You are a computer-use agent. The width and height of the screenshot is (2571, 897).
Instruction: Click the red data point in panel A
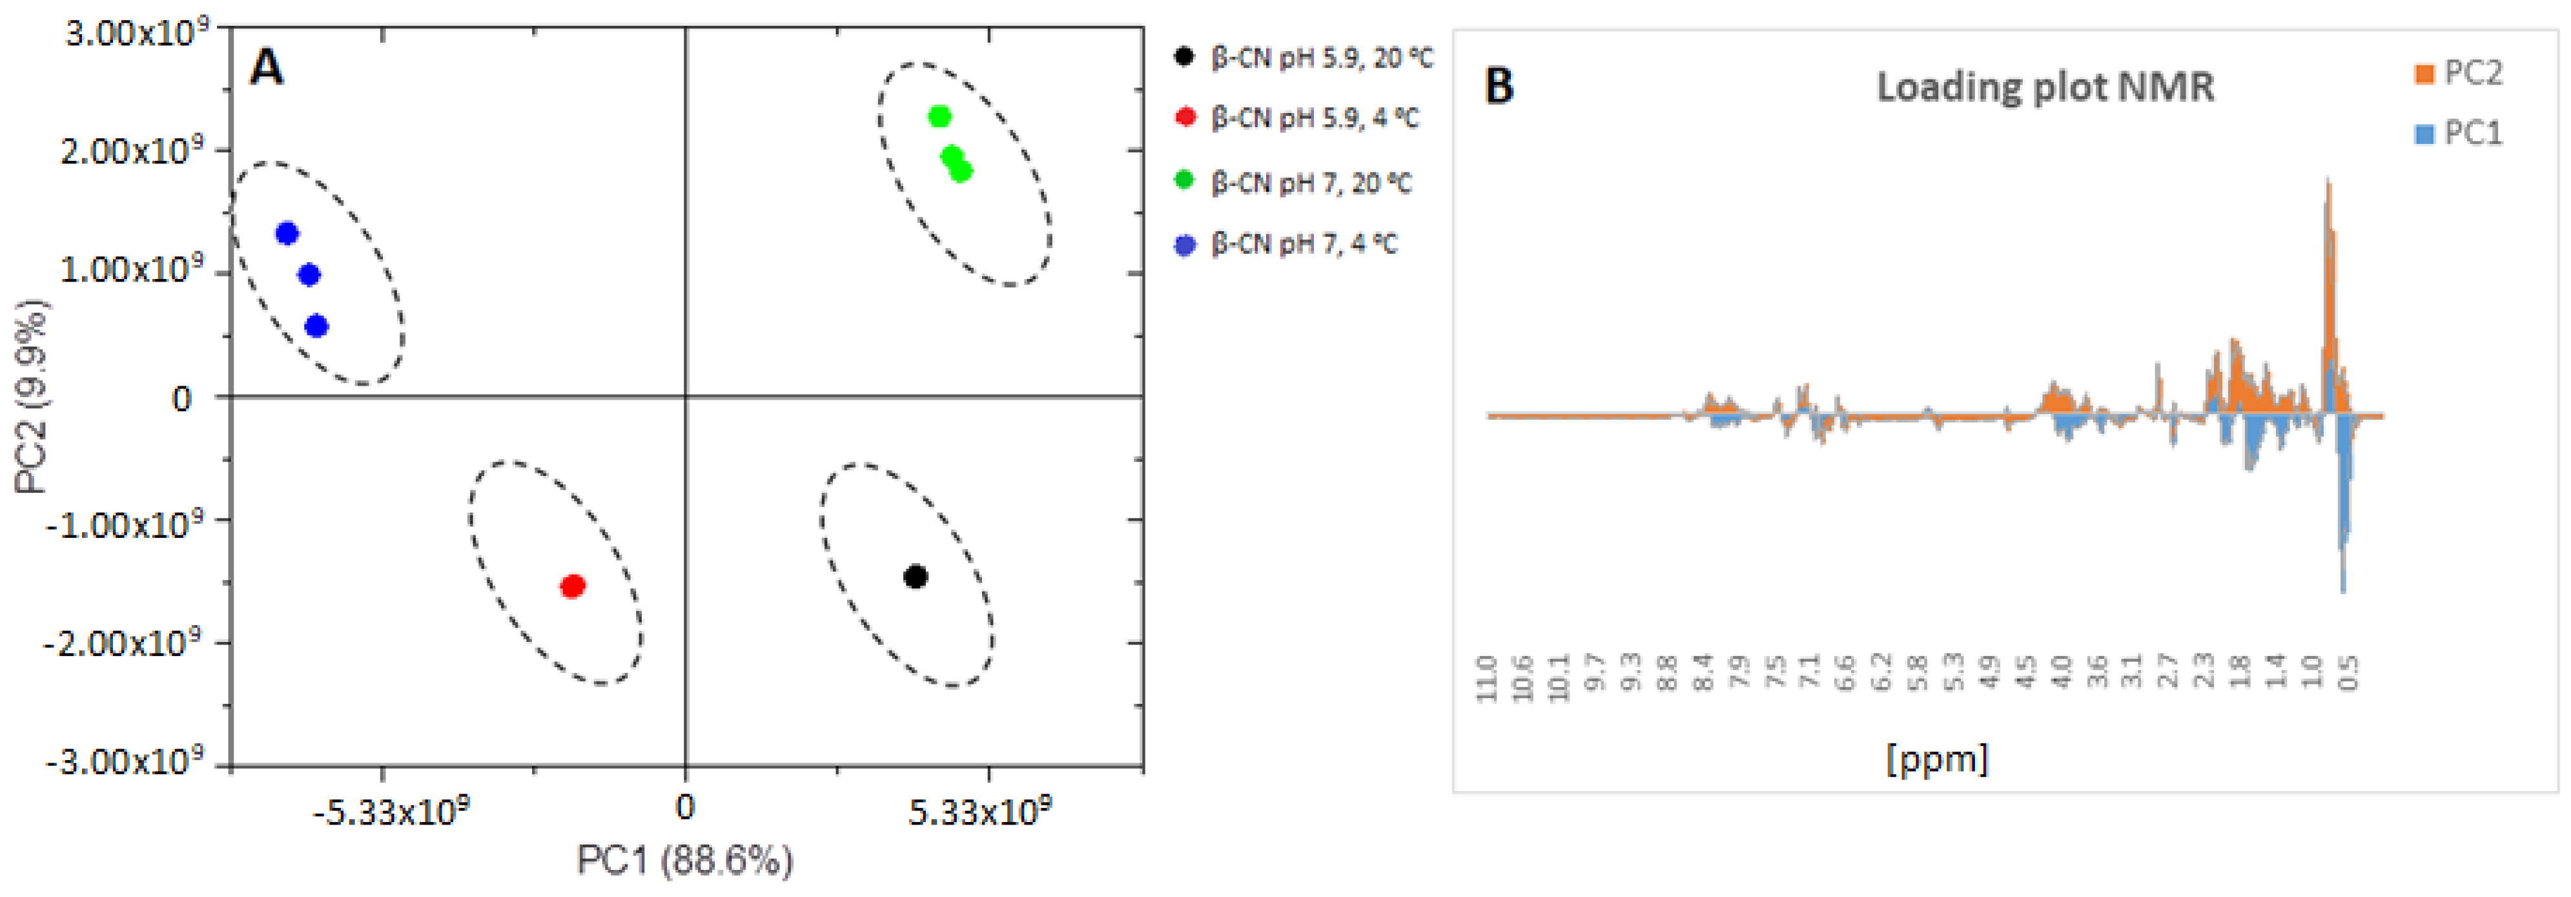click(x=572, y=586)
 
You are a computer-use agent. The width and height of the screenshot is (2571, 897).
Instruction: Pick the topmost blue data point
click(x=287, y=234)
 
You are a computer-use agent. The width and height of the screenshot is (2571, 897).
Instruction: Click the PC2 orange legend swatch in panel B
click(x=2423, y=74)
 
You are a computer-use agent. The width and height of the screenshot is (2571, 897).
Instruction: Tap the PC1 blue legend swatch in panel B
click(x=2423, y=134)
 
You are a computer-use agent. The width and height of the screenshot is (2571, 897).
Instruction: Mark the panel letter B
click(x=1499, y=86)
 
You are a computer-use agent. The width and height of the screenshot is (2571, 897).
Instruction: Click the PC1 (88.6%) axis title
click(x=684, y=859)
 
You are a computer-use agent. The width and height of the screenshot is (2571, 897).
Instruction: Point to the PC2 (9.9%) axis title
click(x=32, y=396)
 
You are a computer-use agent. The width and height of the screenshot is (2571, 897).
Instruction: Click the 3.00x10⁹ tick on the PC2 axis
click(x=136, y=33)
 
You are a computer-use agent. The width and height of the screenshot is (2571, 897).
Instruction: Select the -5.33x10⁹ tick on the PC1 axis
click(x=390, y=813)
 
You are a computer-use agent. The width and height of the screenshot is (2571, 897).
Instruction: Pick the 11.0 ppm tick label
click(x=1487, y=679)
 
